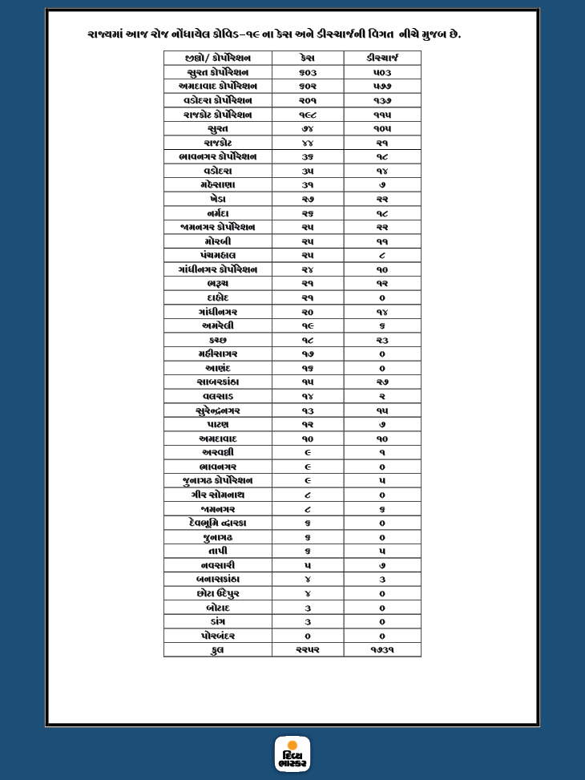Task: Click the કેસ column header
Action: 308,59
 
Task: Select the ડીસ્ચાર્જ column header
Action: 382,59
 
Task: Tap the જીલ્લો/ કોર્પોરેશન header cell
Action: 218,59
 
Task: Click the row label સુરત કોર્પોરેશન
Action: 218,72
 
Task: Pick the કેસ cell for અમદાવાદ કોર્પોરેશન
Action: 308,87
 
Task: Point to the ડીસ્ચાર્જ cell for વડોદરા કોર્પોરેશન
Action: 382,100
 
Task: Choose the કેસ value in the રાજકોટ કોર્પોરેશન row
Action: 308,115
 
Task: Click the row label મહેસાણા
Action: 218,185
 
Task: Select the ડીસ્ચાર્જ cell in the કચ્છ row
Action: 382,340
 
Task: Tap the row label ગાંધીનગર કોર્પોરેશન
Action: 218,269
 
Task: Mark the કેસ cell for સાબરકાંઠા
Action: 308,382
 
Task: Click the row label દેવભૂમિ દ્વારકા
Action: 218,523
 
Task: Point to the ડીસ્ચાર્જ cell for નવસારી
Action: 382,565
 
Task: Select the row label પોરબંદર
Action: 218,636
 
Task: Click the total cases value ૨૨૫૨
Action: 308,650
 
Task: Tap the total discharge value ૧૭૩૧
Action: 382,650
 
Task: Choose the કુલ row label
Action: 218,650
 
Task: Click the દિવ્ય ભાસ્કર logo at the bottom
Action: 292,754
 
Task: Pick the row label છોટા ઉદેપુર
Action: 218,593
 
